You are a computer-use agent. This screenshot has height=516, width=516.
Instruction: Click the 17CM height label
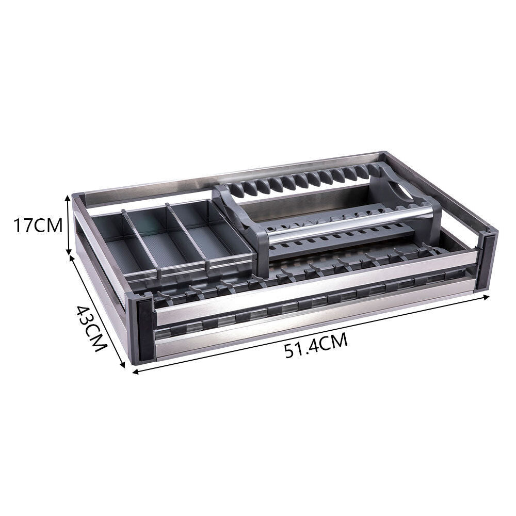coord(38,226)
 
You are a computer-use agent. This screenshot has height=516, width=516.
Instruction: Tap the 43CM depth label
coord(92,328)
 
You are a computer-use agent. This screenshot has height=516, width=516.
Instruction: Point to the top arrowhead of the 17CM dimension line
coord(68,197)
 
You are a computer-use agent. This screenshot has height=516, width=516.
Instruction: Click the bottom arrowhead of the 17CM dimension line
coord(68,252)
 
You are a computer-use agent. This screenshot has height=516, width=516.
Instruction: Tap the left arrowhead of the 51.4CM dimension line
coord(135,372)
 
